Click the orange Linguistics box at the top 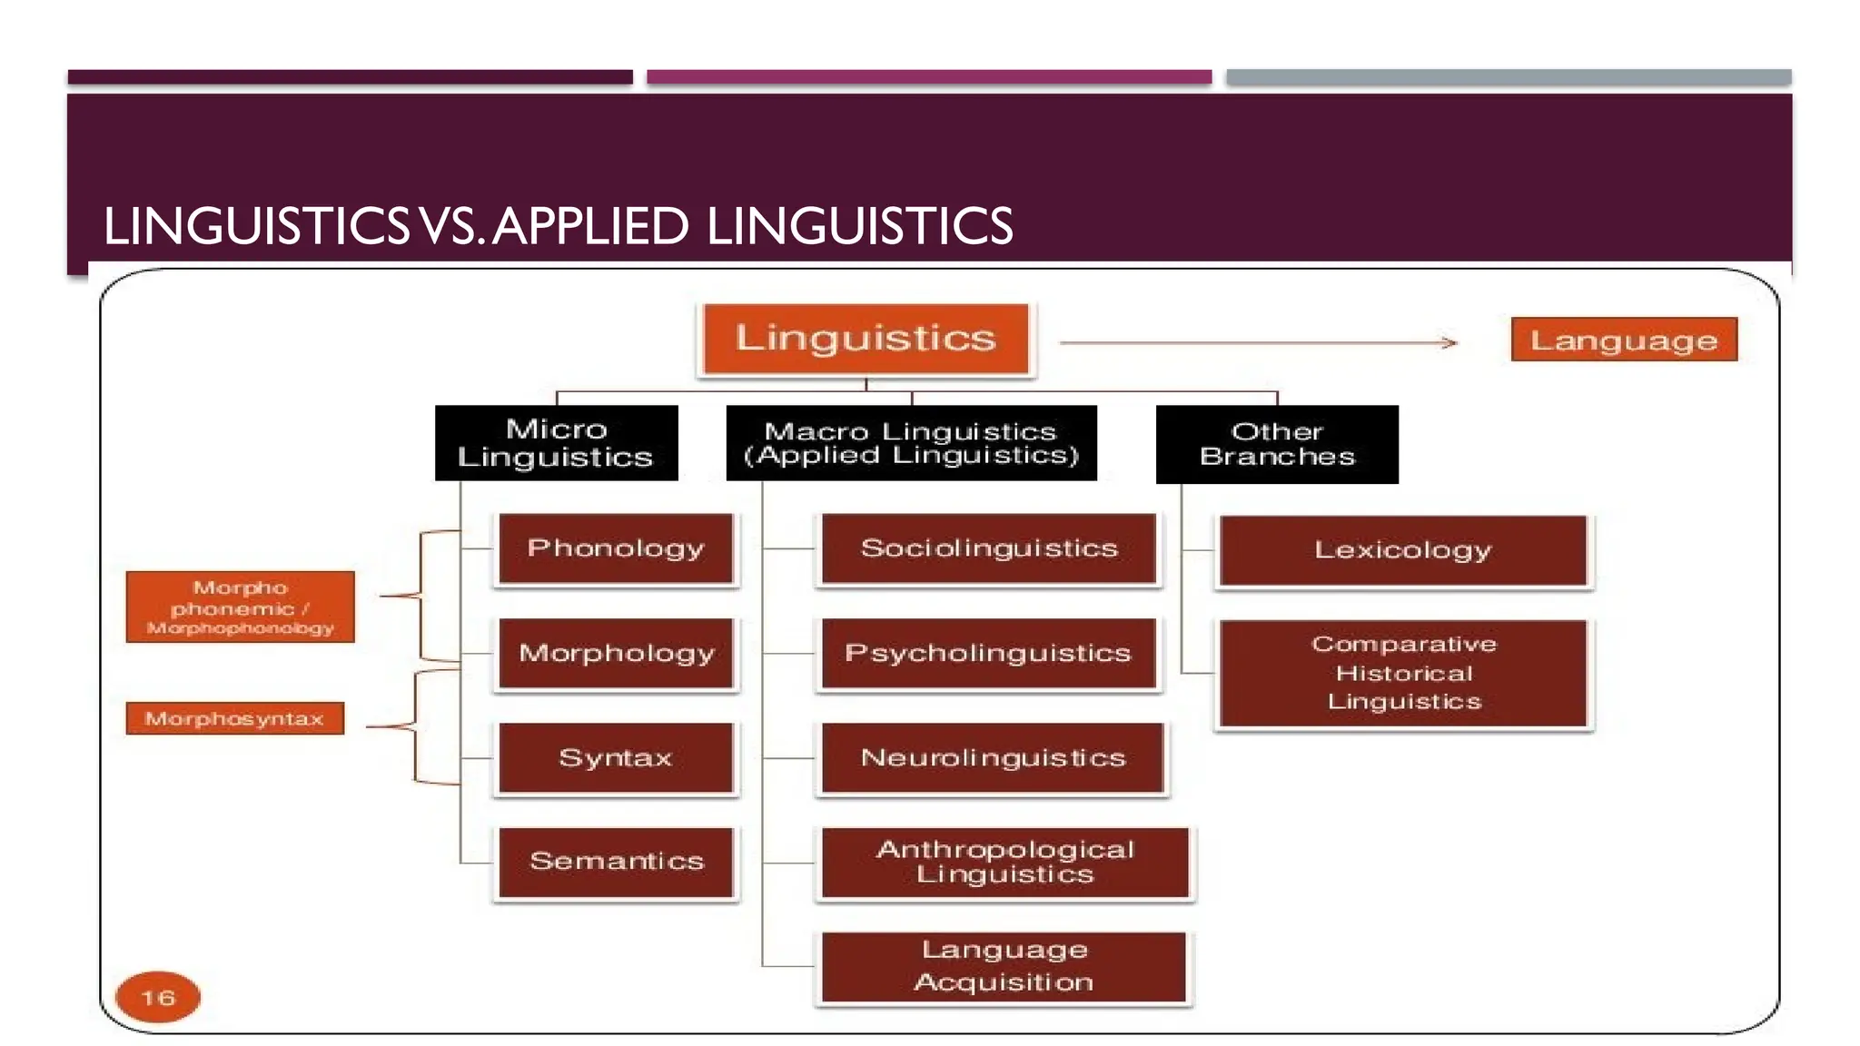[x=866, y=339]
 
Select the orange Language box [x=1624, y=340]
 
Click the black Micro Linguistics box [x=556, y=443]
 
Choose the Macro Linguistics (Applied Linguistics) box [x=911, y=443]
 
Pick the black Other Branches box [x=1276, y=444]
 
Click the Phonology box [x=616, y=548]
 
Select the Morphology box [x=616, y=653]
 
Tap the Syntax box [x=616, y=757]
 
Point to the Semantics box [x=616, y=861]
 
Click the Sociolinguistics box [x=988, y=548]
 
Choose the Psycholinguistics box [x=988, y=653]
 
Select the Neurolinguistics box [x=992, y=757]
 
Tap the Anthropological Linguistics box [x=1004, y=862]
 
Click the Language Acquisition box [x=1004, y=967]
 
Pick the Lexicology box [x=1402, y=550]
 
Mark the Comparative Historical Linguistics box [x=1402, y=673]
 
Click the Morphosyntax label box [x=234, y=718]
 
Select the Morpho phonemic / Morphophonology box [x=240, y=607]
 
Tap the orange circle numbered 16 [x=158, y=997]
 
